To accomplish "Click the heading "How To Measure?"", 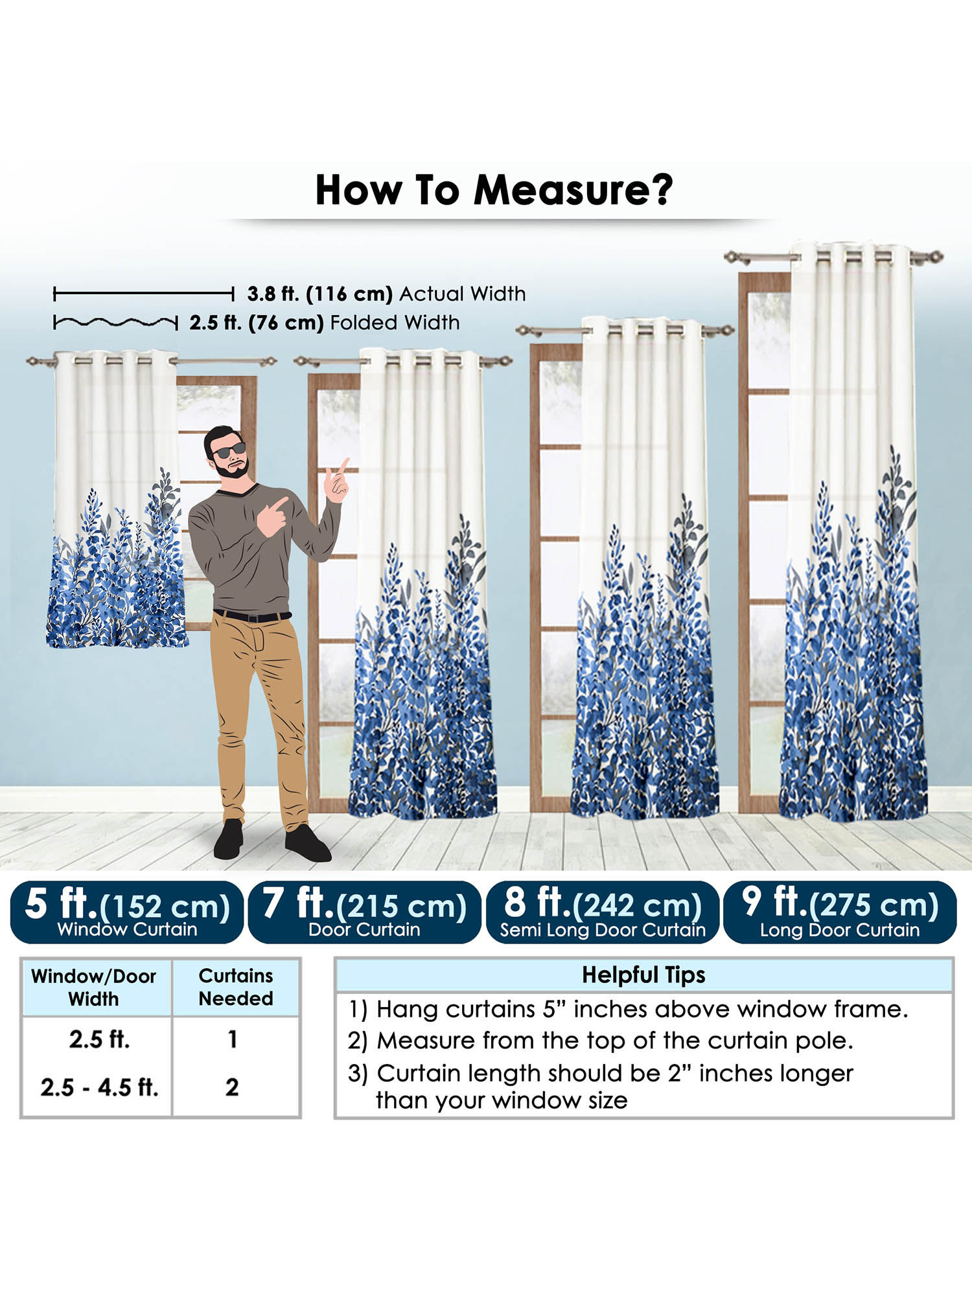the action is [494, 190].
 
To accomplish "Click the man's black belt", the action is [252, 616].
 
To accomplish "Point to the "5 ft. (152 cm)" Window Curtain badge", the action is [127, 912].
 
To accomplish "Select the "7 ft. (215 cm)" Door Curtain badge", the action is [364, 912].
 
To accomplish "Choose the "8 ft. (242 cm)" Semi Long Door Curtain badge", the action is [602, 912].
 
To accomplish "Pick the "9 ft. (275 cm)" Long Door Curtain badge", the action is [840, 912].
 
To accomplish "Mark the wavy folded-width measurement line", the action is [115, 321].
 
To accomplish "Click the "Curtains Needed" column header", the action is [236, 987].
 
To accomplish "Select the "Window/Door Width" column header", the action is [94, 987].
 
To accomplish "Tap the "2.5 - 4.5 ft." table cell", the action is [99, 1087].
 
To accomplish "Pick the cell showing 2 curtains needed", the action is [232, 1087].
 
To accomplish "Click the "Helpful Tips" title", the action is [643, 975].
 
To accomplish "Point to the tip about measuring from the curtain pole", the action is [601, 1041].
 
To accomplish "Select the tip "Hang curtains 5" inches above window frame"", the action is [628, 1009].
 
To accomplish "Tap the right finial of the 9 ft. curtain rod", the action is [934, 257].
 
